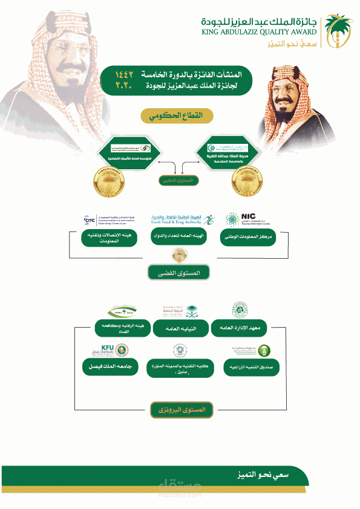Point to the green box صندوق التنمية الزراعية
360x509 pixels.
(x=244, y=367)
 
